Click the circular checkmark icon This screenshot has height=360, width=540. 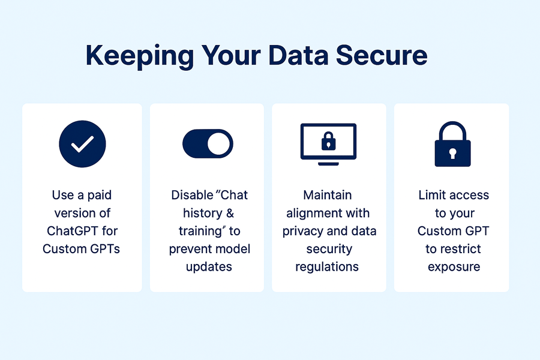(x=82, y=143)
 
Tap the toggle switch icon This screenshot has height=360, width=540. (x=208, y=143)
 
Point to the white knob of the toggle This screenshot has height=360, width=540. (x=220, y=143)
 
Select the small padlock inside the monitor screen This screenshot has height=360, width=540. (x=328, y=142)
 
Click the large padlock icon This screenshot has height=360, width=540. (x=452, y=144)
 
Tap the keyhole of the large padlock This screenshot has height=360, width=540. (x=452, y=153)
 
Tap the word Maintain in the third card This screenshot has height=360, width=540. (x=328, y=195)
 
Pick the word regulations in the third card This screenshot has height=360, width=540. (x=328, y=267)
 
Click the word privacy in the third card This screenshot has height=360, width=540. (x=304, y=231)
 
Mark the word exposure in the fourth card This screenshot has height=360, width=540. (x=454, y=267)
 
